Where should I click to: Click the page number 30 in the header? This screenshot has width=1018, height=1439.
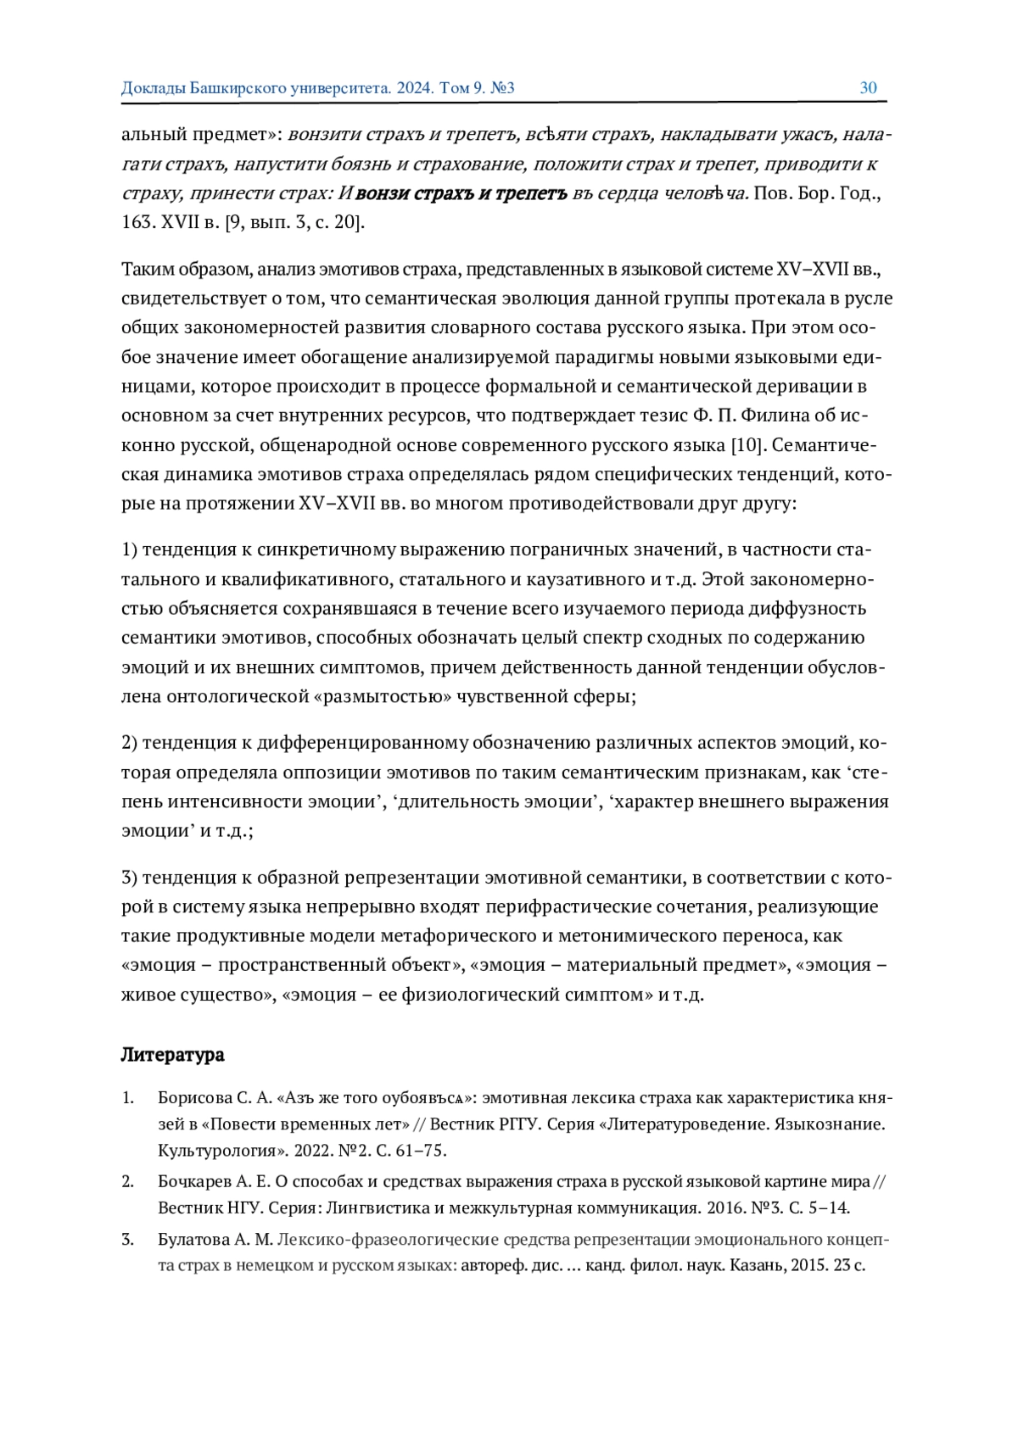[x=868, y=87]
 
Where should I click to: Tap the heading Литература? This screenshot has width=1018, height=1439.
[x=172, y=1055]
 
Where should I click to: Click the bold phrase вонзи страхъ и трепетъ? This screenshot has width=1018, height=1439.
[x=461, y=193]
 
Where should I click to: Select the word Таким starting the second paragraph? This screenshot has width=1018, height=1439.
[x=148, y=270]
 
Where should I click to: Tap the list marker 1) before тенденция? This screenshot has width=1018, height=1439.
[x=130, y=549]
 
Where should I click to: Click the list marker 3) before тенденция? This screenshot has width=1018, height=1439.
[x=130, y=877]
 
